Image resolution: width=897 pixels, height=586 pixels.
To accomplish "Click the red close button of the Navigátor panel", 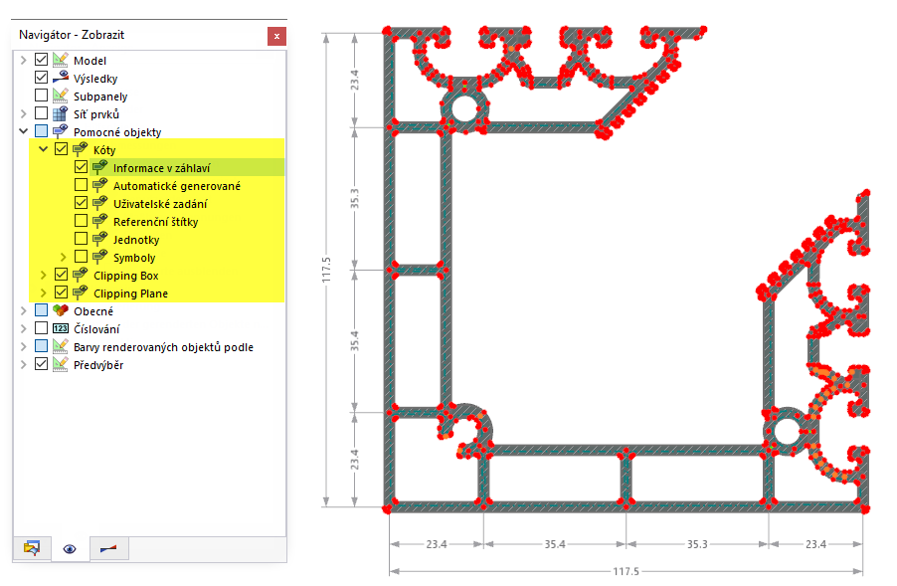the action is click(276, 36).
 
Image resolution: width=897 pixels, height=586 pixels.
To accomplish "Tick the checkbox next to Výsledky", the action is click(41, 78).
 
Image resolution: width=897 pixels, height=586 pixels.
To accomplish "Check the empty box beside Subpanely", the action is click(41, 95).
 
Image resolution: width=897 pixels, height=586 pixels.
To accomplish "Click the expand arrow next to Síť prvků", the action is click(24, 113).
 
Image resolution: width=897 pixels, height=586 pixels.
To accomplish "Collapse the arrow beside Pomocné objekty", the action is click(24, 131).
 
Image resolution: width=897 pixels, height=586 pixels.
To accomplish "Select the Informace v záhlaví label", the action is click(162, 168).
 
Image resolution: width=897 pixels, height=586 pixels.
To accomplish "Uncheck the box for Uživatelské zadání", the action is click(82, 203).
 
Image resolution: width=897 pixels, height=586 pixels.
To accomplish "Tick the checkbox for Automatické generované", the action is click(82, 185).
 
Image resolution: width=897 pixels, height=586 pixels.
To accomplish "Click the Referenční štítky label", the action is click(155, 222).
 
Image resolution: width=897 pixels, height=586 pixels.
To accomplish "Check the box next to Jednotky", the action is click(82, 238).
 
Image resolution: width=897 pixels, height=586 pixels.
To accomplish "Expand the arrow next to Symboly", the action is click(64, 257).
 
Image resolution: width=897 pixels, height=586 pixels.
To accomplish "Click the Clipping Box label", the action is click(126, 276).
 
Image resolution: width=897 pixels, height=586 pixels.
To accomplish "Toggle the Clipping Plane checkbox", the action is click(62, 292).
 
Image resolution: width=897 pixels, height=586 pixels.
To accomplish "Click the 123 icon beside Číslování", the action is click(60, 328).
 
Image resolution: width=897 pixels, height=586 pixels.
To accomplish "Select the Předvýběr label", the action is click(98, 365).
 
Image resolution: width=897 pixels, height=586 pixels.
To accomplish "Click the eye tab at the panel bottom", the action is click(70, 549).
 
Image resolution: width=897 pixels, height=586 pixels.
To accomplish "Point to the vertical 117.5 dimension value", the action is click(326, 270).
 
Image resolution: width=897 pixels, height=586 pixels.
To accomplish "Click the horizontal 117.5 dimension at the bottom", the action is click(626, 571).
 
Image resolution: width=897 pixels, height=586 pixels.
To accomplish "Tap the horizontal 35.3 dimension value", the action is click(697, 544).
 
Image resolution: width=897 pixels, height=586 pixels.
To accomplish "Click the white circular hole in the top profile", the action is click(464, 108).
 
